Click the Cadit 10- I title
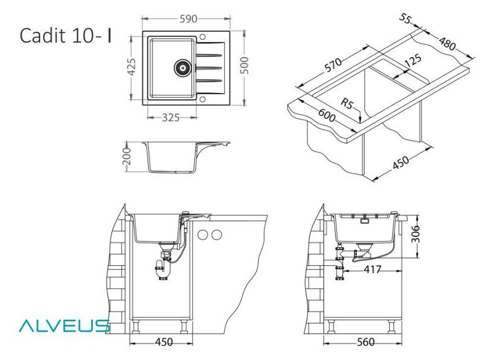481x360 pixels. point(65,35)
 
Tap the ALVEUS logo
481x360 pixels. point(64,326)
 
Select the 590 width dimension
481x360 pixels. point(188,19)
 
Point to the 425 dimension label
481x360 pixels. point(131,67)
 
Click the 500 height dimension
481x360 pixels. point(245,65)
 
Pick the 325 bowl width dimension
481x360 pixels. point(170,118)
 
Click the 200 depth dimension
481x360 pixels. point(127,157)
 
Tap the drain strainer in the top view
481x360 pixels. point(182,68)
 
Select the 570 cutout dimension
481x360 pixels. point(333,65)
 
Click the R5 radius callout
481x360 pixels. point(347,103)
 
